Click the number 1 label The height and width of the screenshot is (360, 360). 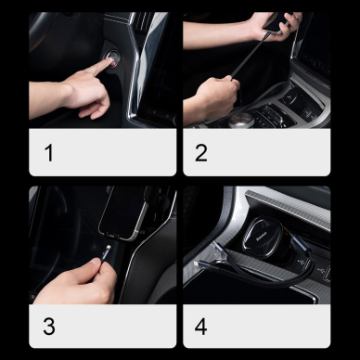coord(48,152)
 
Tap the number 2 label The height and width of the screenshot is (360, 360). coord(201,152)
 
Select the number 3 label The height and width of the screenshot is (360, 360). coord(48,327)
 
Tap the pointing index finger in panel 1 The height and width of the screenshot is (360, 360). coord(102,71)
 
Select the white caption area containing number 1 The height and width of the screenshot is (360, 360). coord(102,152)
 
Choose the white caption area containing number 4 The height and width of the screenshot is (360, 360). coord(256,327)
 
